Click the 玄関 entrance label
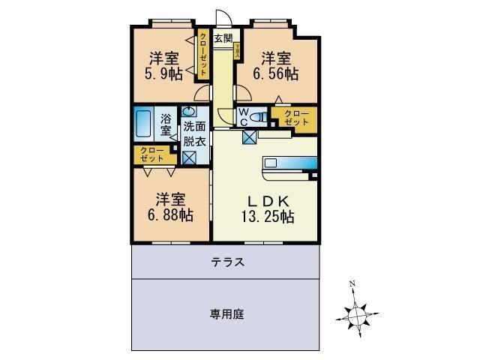[223, 37]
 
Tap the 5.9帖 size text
[164, 73]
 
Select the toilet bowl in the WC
[257, 117]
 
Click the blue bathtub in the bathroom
[144, 122]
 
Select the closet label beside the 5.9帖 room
[203, 54]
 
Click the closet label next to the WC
[295, 118]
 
